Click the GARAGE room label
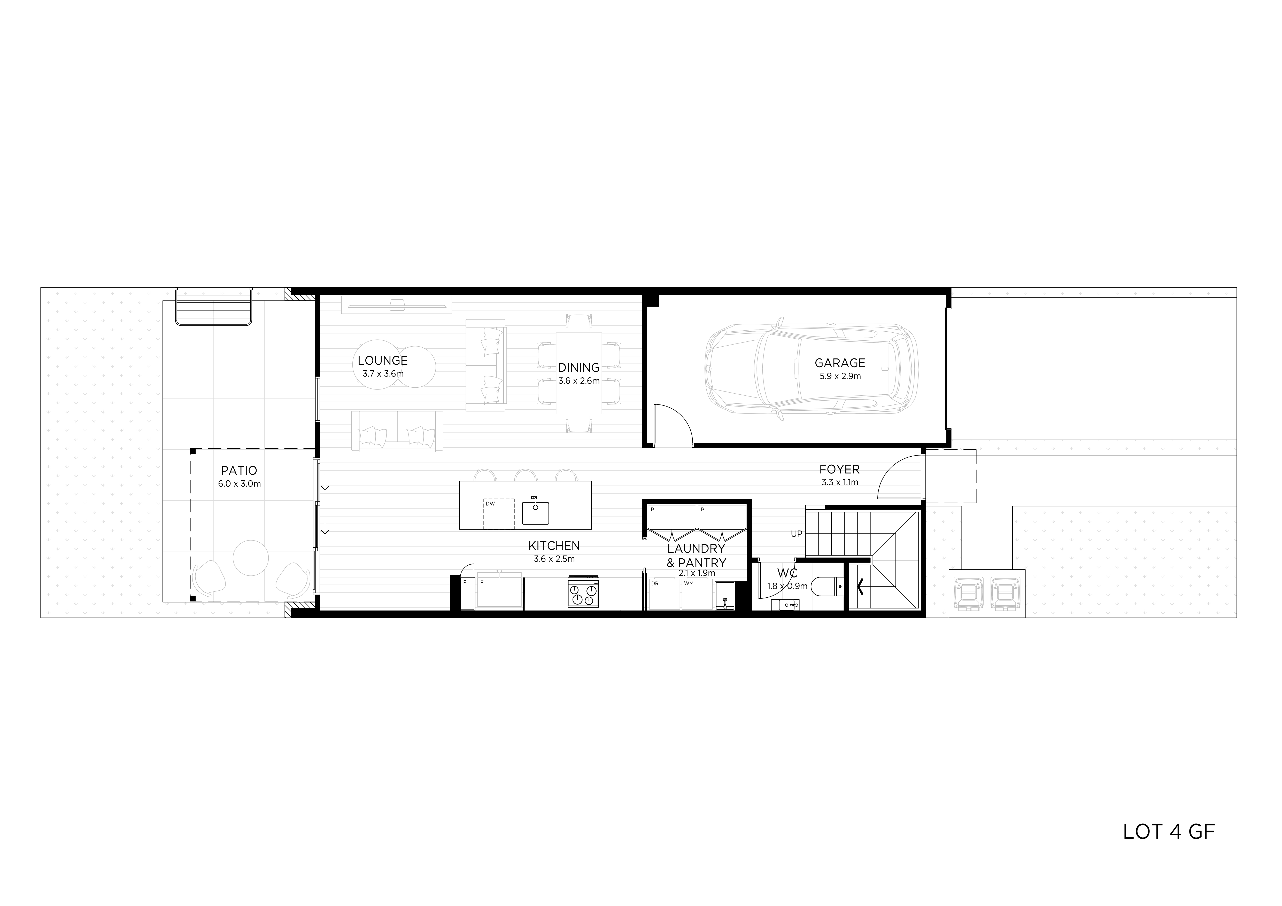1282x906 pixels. pos(840,363)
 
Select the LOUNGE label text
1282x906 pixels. pos(382,361)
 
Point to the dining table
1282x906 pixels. pos(579,373)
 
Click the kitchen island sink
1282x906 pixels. pos(536,512)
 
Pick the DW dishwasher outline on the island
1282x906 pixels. pos(499,514)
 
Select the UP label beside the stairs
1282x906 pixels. pos(796,534)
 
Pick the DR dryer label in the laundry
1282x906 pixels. pos(655,583)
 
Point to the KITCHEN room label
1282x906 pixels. pos(554,545)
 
